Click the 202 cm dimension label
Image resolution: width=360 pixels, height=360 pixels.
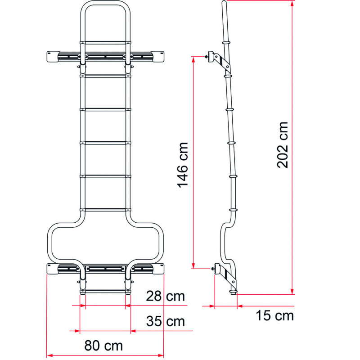(x=283, y=145)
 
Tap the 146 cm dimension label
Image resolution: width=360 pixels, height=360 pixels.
(x=183, y=165)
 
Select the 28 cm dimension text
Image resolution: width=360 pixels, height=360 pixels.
(x=165, y=296)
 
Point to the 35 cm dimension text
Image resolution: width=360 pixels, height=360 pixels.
(x=165, y=321)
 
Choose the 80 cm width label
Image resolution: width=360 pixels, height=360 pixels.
(x=103, y=346)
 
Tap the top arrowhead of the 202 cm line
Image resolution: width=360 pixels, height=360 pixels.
(x=292, y=4)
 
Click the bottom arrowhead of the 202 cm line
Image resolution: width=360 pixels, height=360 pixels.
(x=292, y=291)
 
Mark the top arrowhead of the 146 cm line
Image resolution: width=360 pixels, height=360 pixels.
(x=193, y=60)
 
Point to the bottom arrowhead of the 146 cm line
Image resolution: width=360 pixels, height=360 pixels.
(x=193, y=265)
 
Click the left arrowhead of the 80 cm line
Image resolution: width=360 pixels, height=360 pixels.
(x=50, y=355)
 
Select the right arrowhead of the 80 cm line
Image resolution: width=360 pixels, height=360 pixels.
(x=160, y=355)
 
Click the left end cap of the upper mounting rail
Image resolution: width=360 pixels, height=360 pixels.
(x=52, y=57)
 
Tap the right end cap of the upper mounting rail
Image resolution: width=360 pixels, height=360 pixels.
(x=158, y=57)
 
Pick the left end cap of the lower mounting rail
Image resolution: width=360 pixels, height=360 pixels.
(x=52, y=269)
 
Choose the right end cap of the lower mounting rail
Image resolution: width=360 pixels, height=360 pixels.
(x=158, y=269)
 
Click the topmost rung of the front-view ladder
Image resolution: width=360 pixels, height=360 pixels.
(x=105, y=43)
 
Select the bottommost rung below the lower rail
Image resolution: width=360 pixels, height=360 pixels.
(x=105, y=292)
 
